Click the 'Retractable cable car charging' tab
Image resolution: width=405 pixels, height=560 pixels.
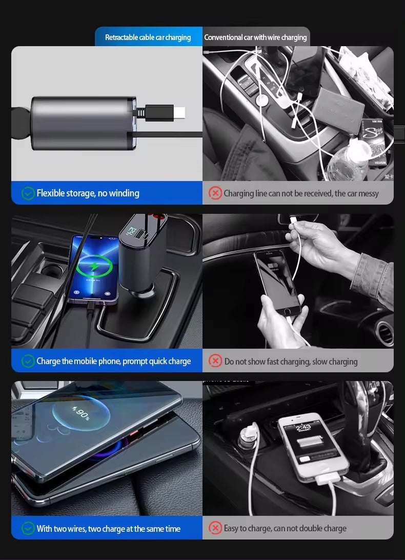[x=148, y=37]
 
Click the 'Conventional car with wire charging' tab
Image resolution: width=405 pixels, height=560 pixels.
[x=255, y=37]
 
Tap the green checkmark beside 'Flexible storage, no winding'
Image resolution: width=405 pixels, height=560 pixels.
[x=28, y=193]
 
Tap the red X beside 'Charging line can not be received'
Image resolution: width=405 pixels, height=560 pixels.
[x=215, y=193]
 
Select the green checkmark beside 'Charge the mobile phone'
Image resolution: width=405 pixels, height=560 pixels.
[x=28, y=361]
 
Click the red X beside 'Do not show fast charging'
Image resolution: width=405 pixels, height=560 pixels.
[x=215, y=361]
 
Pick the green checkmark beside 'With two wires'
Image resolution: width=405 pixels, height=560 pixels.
[x=28, y=528]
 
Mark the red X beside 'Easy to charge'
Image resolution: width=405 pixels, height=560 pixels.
[x=215, y=528]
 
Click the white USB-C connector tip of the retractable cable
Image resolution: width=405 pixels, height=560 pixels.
[x=179, y=113]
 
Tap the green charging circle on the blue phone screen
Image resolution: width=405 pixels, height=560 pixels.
[x=94, y=266]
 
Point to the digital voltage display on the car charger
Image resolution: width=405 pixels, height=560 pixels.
[x=131, y=232]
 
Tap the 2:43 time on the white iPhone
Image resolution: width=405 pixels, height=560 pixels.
[x=303, y=428]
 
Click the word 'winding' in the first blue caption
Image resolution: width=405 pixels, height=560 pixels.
[x=124, y=193]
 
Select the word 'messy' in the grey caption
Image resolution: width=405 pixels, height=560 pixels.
[x=368, y=193]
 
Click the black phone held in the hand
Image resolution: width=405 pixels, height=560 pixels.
[x=277, y=282]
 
